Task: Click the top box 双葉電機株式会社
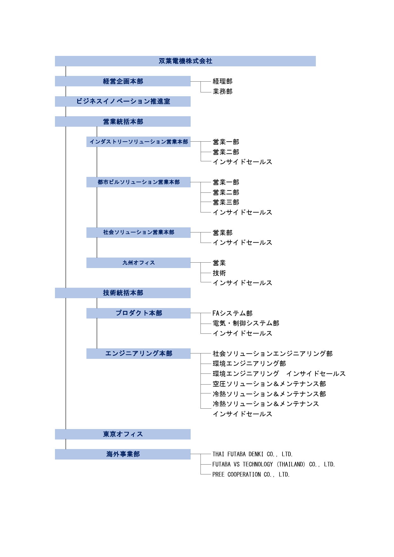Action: coord(185,61)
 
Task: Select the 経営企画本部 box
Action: coord(123,81)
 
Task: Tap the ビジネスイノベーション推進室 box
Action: coord(123,101)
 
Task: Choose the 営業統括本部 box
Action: coord(123,121)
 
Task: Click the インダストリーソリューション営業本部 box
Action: coord(139,142)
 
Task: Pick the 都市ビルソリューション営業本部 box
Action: coord(139,182)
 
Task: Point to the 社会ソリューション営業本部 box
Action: coord(139,232)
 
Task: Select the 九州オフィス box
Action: coord(139,263)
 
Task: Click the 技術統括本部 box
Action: coord(123,293)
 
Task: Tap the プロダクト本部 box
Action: coord(139,313)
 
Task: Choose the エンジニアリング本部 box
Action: coord(139,353)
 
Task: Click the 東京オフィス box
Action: coord(123,434)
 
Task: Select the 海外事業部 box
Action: coord(123,454)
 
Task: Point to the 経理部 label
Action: coord(222,81)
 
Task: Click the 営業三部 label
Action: coord(226,202)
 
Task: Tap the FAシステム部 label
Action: coord(233,313)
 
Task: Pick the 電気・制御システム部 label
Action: coord(246,323)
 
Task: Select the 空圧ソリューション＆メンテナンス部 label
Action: coord(269,384)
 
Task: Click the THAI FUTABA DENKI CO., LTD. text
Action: coord(253,454)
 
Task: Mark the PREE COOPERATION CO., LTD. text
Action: coord(251,474)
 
